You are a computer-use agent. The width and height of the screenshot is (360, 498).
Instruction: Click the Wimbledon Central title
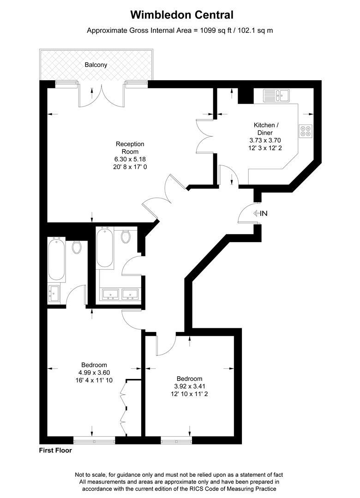tap(182, 15)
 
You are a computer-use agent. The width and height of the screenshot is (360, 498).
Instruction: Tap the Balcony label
tap(96, 65)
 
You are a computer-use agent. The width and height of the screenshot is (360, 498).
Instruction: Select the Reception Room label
tap(130, 148)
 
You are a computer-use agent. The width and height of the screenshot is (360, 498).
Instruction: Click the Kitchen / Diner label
tap(266, 129)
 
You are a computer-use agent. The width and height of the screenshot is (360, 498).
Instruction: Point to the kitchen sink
tap(276, 95)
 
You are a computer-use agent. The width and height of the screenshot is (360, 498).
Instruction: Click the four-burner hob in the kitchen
tap(305, 130)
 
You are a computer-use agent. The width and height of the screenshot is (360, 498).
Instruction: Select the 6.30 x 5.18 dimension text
tap(130, 159)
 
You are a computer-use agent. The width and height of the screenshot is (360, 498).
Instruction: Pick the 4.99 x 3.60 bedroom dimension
tap(94, 373)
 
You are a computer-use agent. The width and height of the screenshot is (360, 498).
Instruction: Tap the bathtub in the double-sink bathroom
tap(105, 248)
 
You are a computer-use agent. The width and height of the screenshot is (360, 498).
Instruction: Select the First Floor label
tap(55, 451)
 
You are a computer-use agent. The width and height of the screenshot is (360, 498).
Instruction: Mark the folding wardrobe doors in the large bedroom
tap(124, 406)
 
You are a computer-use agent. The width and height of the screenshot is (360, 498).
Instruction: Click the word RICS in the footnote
tap(210, 489)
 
